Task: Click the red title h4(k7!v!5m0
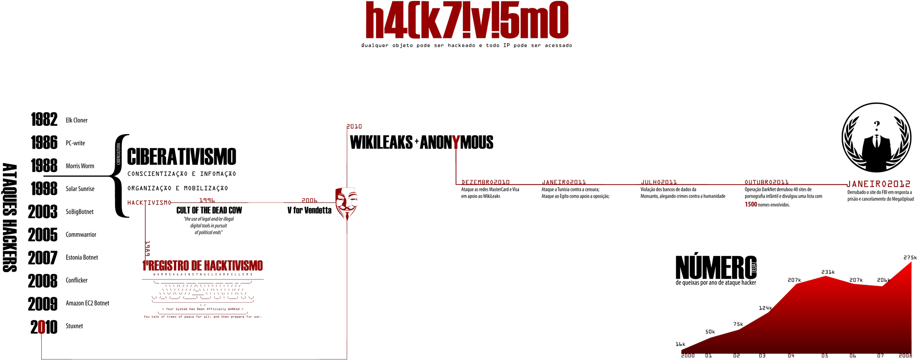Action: tap(467, 20)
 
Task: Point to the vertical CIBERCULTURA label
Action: tap(119, 154)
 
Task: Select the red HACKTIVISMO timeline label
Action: tap(149, 203)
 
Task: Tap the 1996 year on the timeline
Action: tap(207, 200)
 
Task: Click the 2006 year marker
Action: tap(309, 200)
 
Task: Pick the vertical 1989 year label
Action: tap(148, 248)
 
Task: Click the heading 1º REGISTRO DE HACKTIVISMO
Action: tap(203, 266)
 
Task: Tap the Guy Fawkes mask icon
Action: tap(346, 202)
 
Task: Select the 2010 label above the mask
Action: tap(354, 126)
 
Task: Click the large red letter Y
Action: tap(456, 142)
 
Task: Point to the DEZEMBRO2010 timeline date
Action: tap(485, 182)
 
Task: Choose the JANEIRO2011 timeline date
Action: tap(564, 182)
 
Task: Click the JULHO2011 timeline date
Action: tap(659, 182)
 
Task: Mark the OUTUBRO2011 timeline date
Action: tap(766, 182)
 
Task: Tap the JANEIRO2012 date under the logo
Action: tap(878, 184)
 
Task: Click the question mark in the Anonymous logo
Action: tap(877, 126)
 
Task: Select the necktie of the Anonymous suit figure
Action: tap(877, 142)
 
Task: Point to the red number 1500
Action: tap(751, 205)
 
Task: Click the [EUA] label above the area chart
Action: tap(754, 267)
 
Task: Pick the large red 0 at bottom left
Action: tap(42, 327)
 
